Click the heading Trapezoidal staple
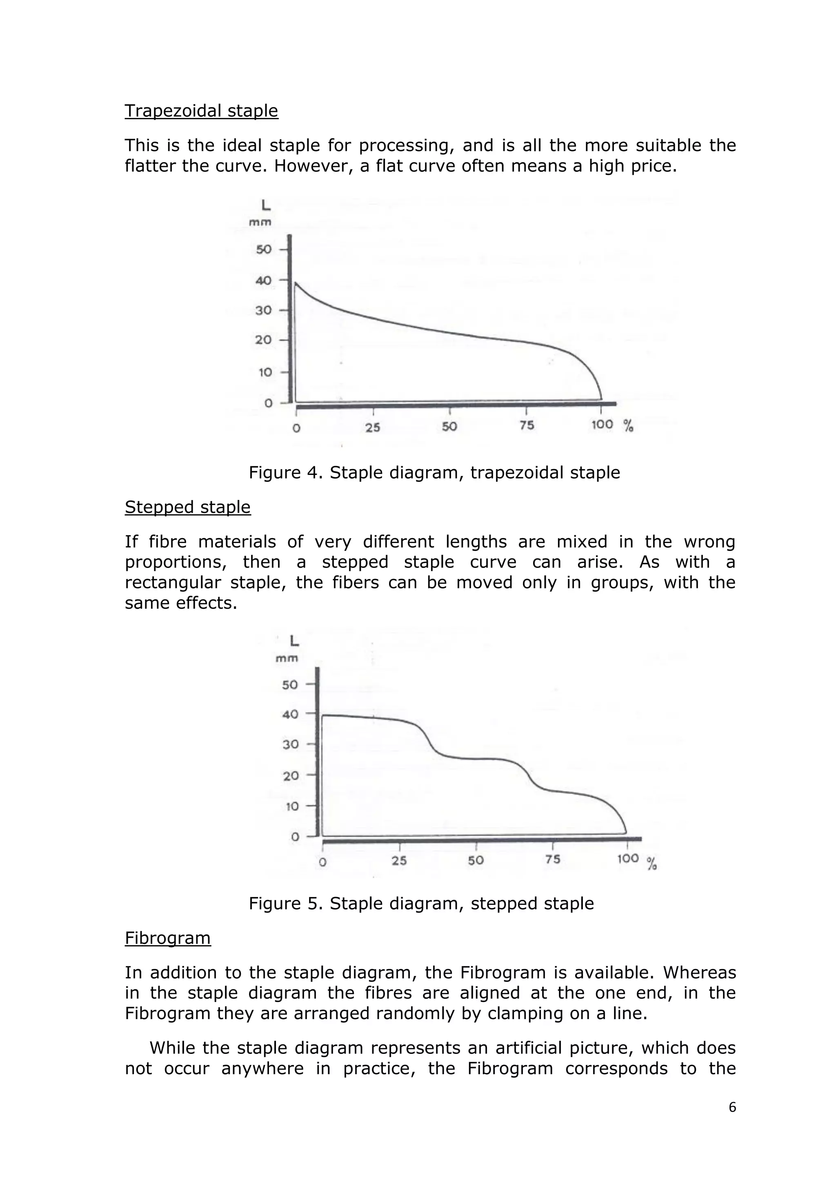[x=201, y=111]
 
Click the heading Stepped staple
[x=187, y=507]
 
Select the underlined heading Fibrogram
[x=168, y=938]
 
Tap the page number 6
[x=732, y=1107]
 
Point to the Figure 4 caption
[x=434, y=472]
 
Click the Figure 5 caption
[x=421, y=904]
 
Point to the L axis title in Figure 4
[x=266, y=205]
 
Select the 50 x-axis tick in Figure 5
[x=476, y=860]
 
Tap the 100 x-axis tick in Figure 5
[x=627, y=858]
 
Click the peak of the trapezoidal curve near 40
[x=296, y=283]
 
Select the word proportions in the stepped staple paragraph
[x=176, y=562]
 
